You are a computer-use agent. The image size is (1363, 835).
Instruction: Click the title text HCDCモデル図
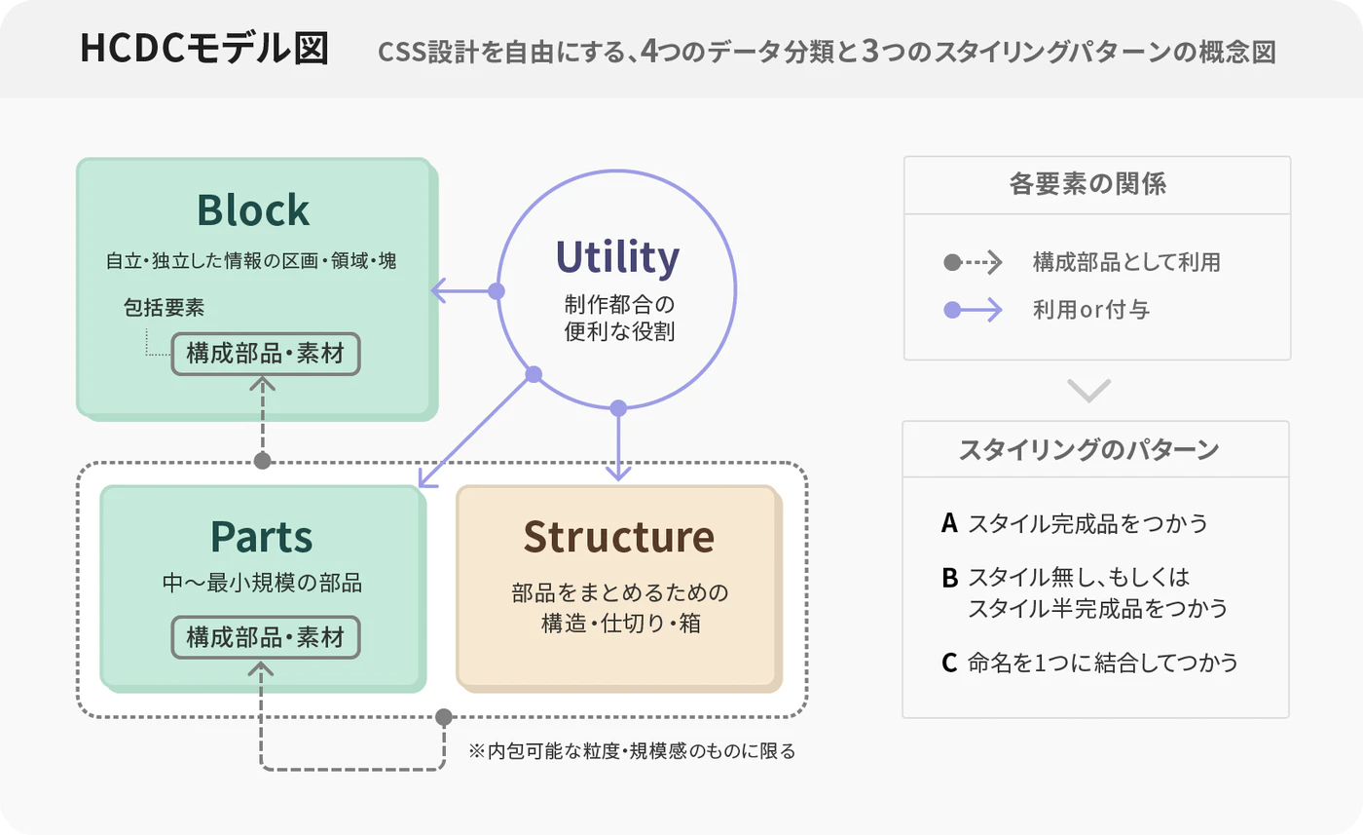pyautogui.click(x=204, y=49)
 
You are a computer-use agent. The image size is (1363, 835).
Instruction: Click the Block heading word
pyautogui.click(x=253, y=210)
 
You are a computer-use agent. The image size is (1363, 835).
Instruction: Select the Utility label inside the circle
pyautogui.click(x=617, y=257)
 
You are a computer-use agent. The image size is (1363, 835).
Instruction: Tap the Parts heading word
pyautogui.click(x=262, y=537)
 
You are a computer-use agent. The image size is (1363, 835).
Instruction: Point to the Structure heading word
pyautogui.click(x=619, y=537)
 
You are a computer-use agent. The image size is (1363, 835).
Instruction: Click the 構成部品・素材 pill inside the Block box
pyautogui.click(x=266, y=354)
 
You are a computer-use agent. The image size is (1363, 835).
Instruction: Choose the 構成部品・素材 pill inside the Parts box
pyautogui.click(x=266, y=637)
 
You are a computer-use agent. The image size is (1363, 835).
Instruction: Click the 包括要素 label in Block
pyautogui.click(x=164, y=308)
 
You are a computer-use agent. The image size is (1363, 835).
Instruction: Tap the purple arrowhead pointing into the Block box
pyautogui.click(x=439, y=291)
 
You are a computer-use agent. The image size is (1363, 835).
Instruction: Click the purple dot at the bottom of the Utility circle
pyautogui.click(x=618, y=408)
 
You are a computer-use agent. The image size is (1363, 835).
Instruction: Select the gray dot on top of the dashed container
pyautogui.click(x=262, y=461)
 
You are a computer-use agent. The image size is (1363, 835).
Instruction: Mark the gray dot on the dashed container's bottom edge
pyautogui.click(x=444, y=717)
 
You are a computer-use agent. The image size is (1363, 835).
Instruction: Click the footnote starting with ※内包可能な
pyautogui.click(x=632, y=751)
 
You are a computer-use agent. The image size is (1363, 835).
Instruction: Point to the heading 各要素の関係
pyautogui.click(x=1088, y=184)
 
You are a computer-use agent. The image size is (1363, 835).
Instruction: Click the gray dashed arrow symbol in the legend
pyautogui.click(x=973, y=262)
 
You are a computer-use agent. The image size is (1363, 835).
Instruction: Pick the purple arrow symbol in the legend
pyautogui.click(x=973, y=310)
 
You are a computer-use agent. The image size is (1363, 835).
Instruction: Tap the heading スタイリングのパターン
pyautogui.click(x=1088, y=450)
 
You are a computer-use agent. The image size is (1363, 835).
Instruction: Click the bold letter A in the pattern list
pyautogui.click(x=950, y=523)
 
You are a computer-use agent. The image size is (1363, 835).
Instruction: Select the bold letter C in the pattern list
pyautogui.click(x=949, y=663)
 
